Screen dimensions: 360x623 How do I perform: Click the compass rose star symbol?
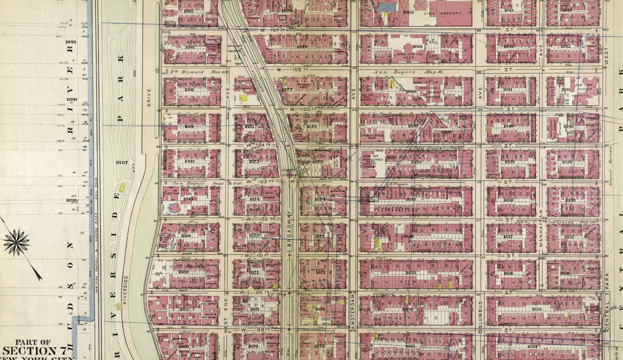[x=16, y=242]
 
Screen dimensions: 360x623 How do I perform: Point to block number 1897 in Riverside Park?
[x=121, y=162]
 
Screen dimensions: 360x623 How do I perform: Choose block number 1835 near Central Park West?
[x=537, y=310]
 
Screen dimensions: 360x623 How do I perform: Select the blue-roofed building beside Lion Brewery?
[x=386, y=7]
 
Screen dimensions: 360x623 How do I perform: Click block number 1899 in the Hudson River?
[x=71, y=41]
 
